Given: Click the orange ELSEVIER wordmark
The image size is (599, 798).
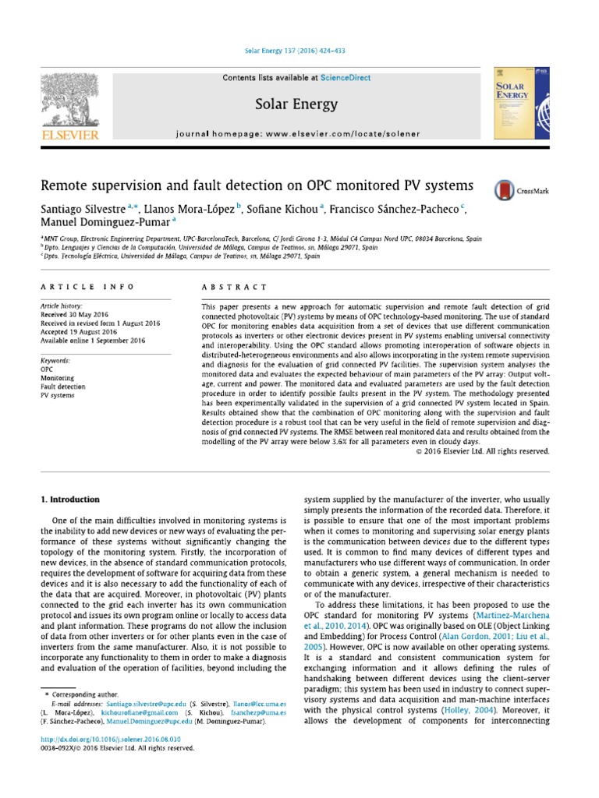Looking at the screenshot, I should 69,135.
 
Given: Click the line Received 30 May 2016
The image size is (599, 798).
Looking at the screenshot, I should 76,316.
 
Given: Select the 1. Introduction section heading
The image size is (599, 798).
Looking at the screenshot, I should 70,499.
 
